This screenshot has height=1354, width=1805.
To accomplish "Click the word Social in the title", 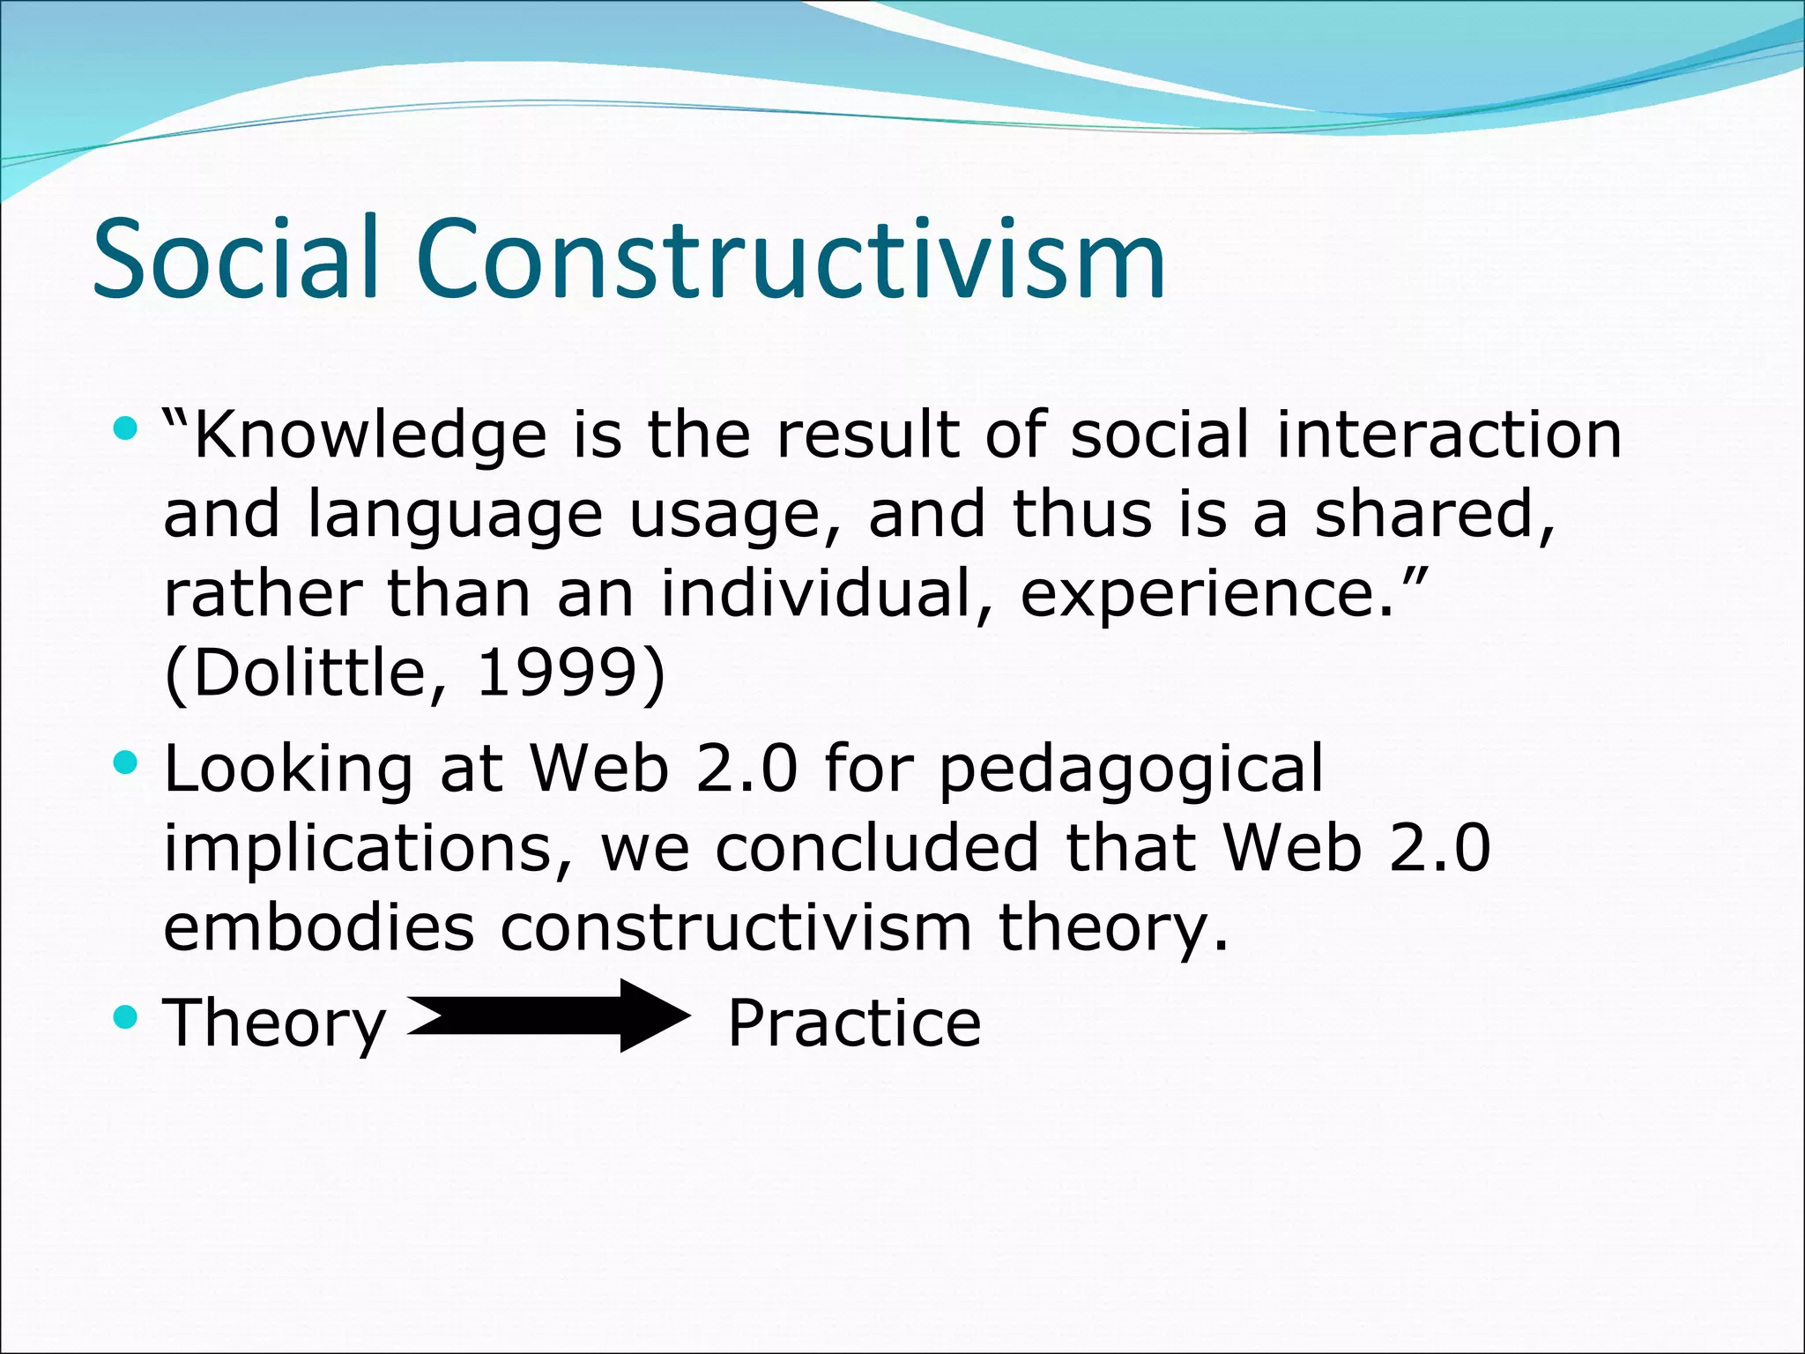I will (236, 259).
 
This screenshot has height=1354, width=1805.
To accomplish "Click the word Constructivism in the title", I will (791, 259).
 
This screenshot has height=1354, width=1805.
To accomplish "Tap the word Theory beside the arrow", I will (274, 1024).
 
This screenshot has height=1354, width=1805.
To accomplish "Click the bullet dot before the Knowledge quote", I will (126, 429).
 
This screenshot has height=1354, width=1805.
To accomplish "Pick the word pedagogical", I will (1131, 770).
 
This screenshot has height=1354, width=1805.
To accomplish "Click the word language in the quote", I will (455, 517).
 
